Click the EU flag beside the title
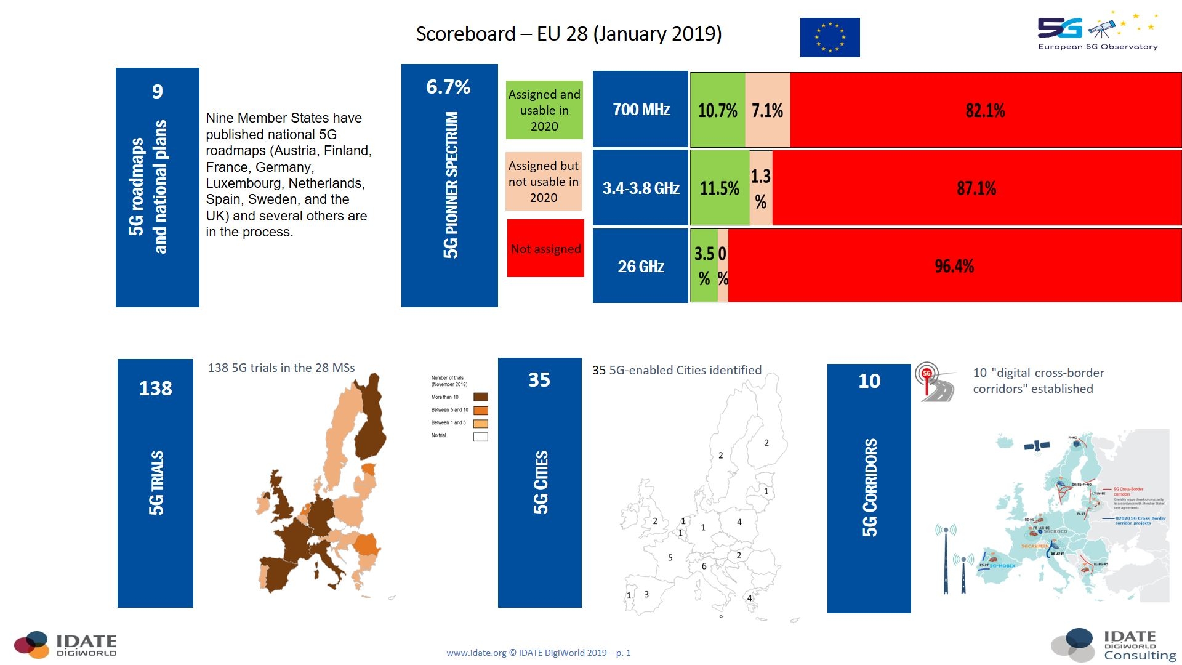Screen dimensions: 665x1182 830,38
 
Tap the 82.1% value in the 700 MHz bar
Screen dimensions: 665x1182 985,111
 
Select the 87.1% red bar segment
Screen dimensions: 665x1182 976,188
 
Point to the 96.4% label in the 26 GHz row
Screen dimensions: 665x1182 954,266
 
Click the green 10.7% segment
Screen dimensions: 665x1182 717,111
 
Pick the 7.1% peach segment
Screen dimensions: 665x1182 767,111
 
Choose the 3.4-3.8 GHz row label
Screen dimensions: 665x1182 640,188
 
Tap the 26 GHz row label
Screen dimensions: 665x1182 640,267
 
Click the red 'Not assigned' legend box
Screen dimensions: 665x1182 545,248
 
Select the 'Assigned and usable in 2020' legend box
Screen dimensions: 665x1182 544,110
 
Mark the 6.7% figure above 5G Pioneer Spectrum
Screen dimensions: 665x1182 448,87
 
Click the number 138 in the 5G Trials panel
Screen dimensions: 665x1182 155,389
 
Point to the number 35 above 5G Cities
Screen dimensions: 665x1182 539,380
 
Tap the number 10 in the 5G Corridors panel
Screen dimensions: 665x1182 869,381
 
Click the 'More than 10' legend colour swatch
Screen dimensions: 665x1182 481,397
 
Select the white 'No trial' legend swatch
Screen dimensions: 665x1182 481,437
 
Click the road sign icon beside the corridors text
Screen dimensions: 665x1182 933,382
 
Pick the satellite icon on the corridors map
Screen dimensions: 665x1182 1037,445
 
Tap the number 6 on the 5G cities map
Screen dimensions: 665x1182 704,566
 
